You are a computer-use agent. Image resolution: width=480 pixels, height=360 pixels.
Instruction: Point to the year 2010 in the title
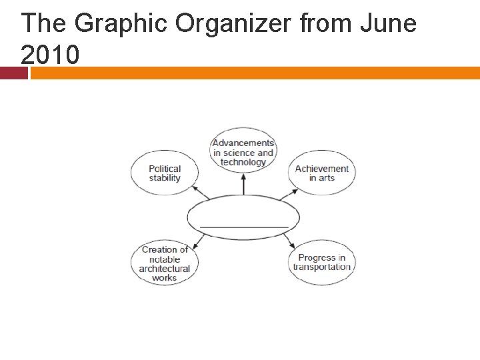click(x=50, y=55)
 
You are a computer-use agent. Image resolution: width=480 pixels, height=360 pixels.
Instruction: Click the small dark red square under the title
click(x=13, y=73)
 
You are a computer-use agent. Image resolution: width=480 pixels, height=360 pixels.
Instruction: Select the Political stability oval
click(x=165, y=173)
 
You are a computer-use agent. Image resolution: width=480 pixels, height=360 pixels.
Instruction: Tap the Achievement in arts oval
click(x=322, y=173)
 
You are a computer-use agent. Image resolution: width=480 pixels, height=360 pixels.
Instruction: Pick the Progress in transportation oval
click(x=322, y=263)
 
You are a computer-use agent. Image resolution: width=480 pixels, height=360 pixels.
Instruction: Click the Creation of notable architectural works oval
click(x=165, y=263)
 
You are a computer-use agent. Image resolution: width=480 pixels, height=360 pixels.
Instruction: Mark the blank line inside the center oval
click(x=244, y=227)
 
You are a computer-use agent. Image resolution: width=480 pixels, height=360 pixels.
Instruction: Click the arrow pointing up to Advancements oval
click(x=244, y=183)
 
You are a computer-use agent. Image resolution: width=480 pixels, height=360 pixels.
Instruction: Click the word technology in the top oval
click(x=243, y=162)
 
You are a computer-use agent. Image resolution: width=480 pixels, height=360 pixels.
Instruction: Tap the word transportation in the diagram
click(x=322, y=267)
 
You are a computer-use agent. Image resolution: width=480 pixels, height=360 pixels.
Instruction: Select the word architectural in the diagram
click(x=165, y=269)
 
